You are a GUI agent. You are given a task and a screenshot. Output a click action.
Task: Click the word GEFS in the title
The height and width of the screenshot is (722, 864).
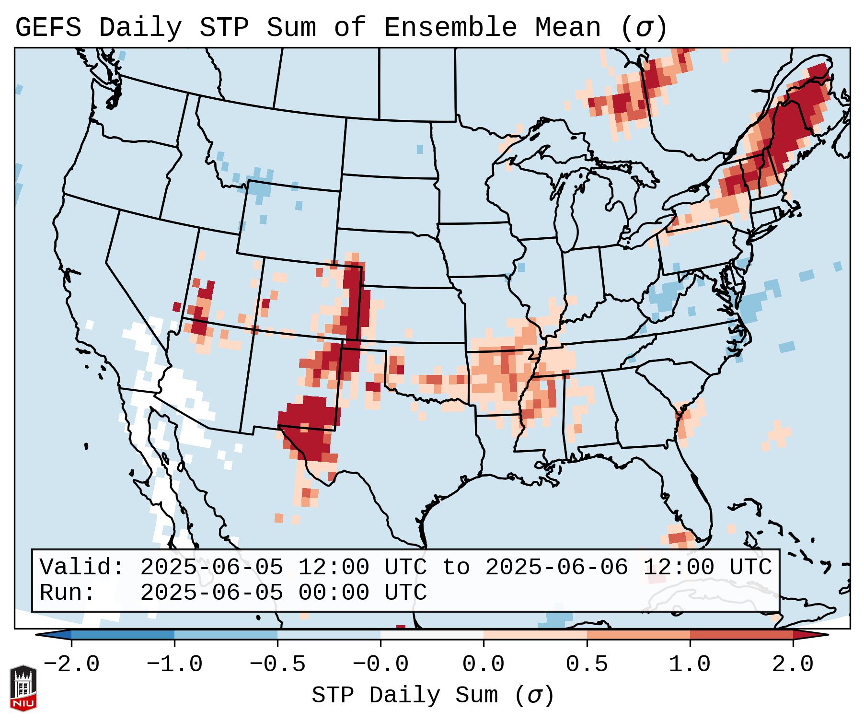click(x=48, y=28)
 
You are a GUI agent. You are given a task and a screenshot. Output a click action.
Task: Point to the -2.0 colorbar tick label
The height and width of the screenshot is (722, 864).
click(x=71, y=664)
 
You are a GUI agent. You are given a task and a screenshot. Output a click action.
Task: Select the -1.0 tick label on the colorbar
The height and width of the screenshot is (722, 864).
click(x=174, y=664)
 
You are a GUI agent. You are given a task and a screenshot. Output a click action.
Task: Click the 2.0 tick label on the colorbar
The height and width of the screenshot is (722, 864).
click(x=793, y=664)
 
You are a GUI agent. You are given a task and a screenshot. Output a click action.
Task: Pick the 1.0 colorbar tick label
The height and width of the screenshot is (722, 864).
click(x=690, y=664)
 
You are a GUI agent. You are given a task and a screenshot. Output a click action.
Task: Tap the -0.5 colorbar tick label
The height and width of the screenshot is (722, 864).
click(x=277, y=664)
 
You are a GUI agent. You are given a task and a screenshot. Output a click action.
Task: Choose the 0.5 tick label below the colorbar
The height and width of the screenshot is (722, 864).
click(x=587, y=664)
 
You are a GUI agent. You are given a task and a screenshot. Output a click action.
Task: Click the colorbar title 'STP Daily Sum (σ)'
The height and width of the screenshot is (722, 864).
click(x=432, y=696)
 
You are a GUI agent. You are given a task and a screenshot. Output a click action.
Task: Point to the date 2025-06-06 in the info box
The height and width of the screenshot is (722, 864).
click(x=556, y=568)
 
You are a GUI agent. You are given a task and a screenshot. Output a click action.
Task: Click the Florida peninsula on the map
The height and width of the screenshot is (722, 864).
click(x=697, y=499)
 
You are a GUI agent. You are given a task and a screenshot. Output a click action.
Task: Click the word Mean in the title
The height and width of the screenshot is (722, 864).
click(x=568, y=28)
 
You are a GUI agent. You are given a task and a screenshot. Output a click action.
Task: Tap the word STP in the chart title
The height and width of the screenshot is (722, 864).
click(x=224, y=28)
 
